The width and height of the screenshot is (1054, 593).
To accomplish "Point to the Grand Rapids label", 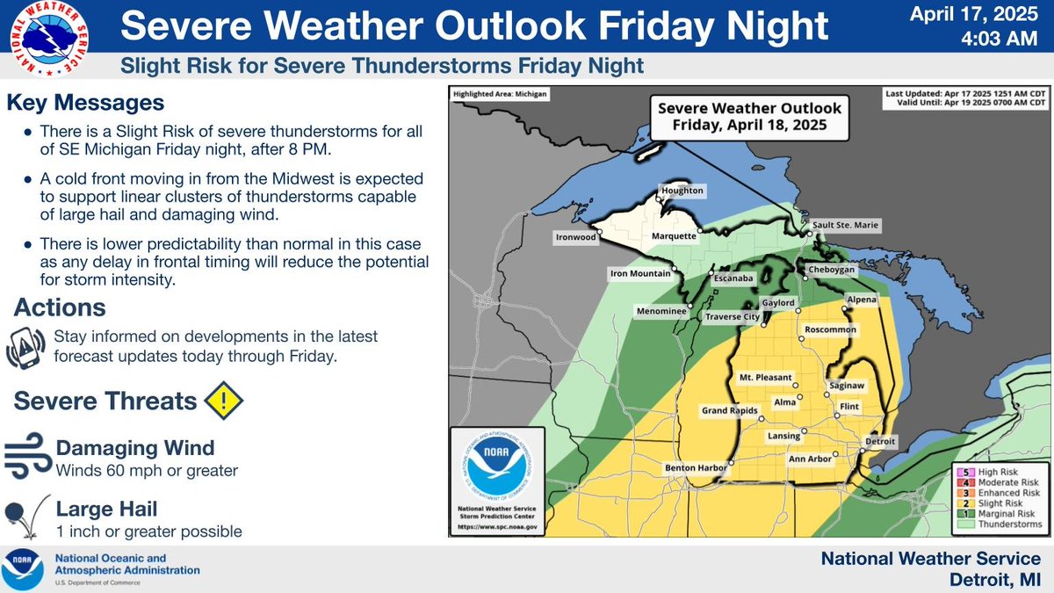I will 730,411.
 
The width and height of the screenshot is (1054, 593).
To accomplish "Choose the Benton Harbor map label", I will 696,467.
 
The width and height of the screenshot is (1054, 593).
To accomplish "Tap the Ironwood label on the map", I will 577,236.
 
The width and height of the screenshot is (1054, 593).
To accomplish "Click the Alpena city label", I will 860,300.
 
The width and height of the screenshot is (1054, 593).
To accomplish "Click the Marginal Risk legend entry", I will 996,513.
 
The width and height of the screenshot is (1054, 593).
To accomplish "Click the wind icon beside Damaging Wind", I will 26,458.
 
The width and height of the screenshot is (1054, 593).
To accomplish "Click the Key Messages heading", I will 85,103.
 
